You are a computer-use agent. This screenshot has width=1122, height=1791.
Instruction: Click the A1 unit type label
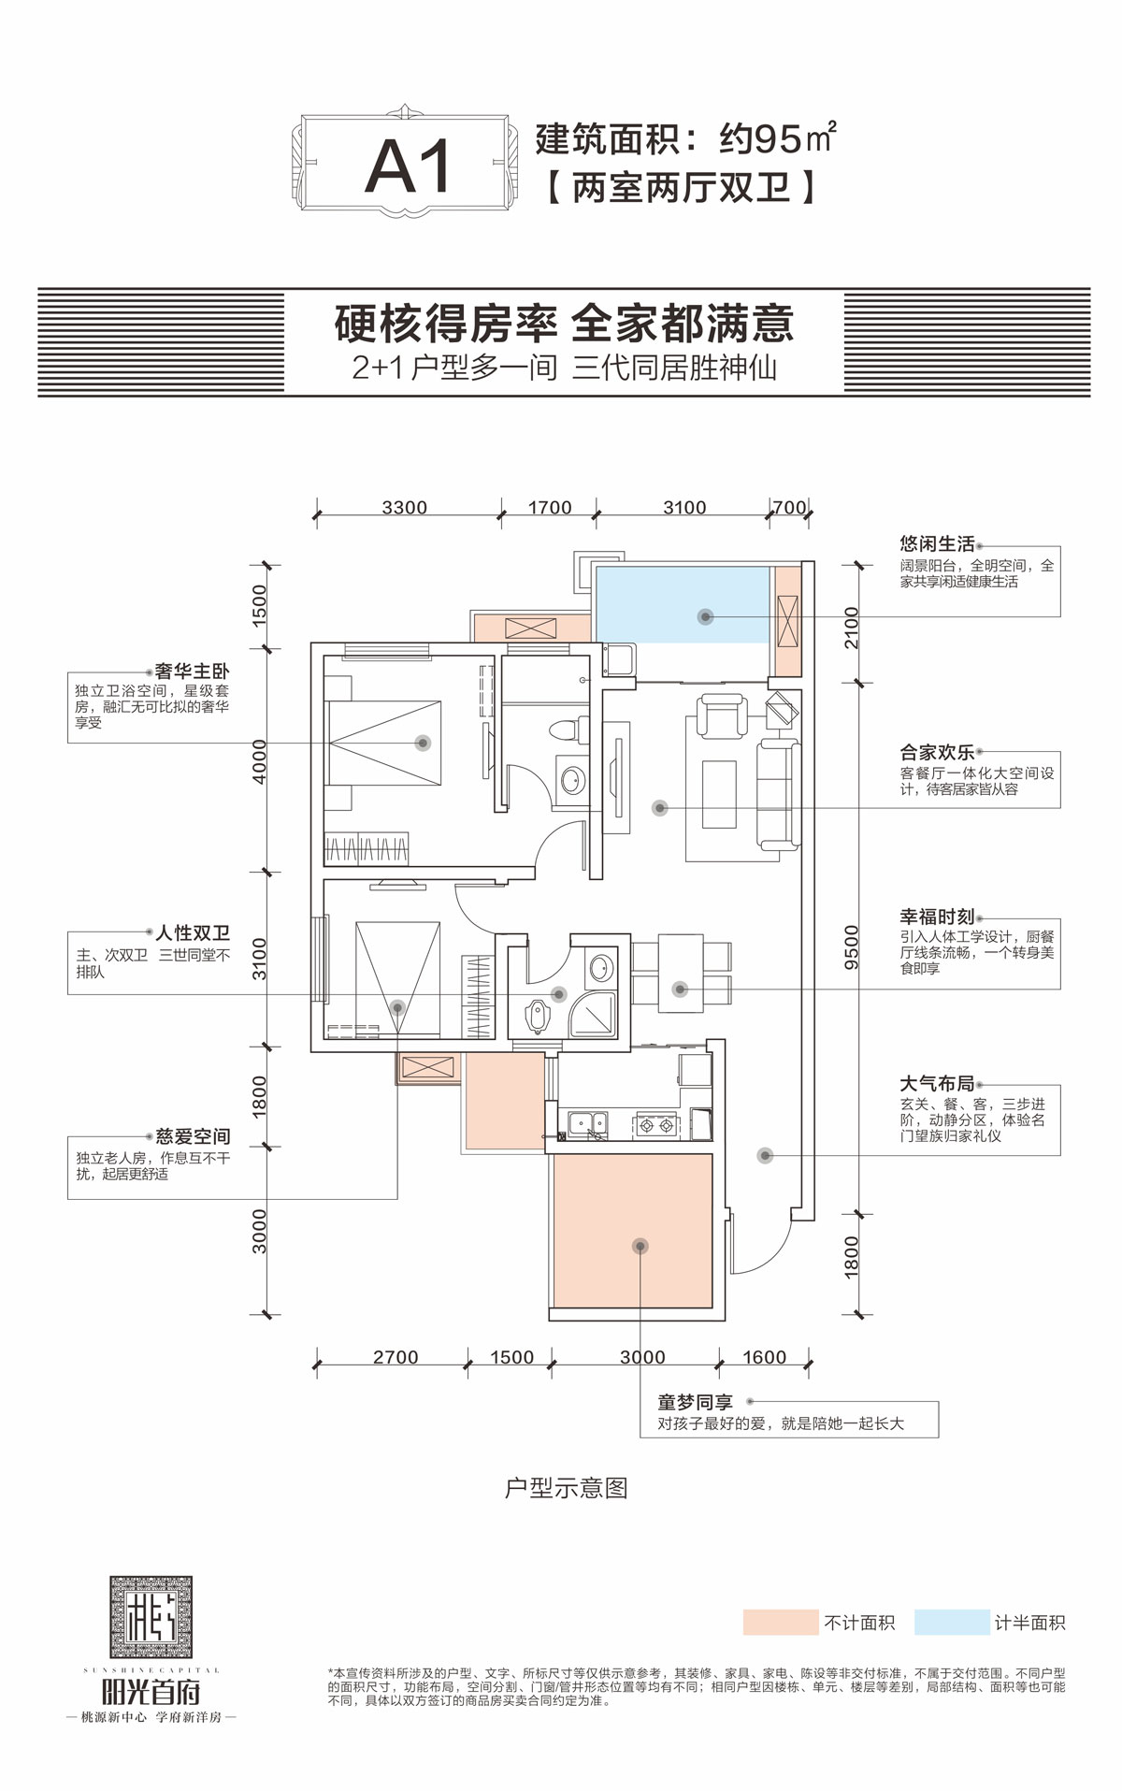tap(408, 167)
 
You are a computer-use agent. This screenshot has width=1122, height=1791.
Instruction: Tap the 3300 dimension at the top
tap(404, 507)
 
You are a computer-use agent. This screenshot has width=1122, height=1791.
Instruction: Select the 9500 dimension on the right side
tap(851, 946)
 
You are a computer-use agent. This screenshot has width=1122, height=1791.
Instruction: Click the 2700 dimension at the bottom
tap(396, 1357)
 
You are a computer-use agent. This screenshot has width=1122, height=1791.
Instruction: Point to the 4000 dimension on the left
tap(260, 760)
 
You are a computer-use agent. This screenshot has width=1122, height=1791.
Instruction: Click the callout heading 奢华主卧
tap(192, 671)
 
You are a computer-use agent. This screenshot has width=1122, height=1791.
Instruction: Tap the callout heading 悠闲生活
tap(937, 543)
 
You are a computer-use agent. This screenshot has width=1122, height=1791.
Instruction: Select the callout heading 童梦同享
tap(695, 1402)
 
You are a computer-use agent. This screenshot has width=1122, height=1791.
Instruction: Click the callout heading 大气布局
tap(937, 1083)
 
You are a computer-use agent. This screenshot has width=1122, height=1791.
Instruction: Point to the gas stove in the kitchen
tap(655, 1124)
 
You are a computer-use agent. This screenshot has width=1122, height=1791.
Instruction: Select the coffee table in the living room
tap(719, 794)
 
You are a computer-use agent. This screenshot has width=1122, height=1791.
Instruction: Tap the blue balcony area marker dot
tap(706, 616)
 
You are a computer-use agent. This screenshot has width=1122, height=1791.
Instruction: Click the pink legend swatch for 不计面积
tap(780, 1622)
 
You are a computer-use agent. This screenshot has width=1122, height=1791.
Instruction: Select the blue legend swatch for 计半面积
tap(951, 1622)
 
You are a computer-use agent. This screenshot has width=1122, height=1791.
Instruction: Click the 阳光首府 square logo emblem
tap(151, 1617)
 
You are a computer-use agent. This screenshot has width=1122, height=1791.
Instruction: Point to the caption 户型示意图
tap(566, 1488)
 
